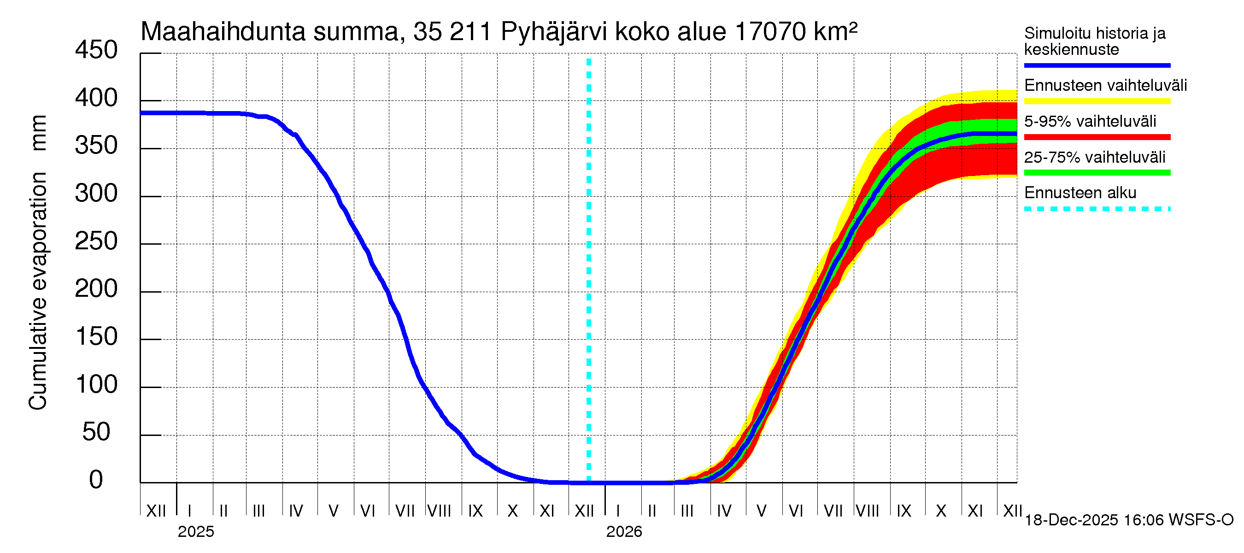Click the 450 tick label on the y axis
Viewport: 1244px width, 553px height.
pyautogui.click(x=96, y=50)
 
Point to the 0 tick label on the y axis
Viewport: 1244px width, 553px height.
pyautogui.click(x=96, y=480)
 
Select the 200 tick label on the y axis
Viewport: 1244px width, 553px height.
pyautogui.click(x=96, y=289)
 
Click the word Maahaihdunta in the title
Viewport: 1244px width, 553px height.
pyautogui.click(x=223, y=32)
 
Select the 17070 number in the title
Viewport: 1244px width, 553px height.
pyautogui.click(x=770, y=32)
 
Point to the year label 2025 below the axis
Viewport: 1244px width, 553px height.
pyautogui.click(x=195, y=532)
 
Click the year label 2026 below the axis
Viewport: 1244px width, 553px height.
pyautogui.click(x=624, y=532)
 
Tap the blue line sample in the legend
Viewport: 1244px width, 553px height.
pyautogui.click(x=1097, y=65)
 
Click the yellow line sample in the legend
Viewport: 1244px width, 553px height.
pyautogui.click(x=1097, y=101)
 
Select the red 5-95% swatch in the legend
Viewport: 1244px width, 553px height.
pyautogui.click(x=1097, y=137)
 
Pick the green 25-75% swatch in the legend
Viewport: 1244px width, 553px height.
pyautogui.click(x=1097, y=173)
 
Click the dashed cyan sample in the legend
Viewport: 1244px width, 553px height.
pyautogui.click(x=1097, y=209)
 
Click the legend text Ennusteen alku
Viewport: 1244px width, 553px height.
pyautogui.click(x=1080, y=193)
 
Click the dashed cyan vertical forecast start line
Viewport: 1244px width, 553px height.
pyautogui.click(x=589, y=271)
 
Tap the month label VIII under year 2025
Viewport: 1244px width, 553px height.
pyautogui.click(x=440, y=511)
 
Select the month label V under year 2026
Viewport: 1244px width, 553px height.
pyautogui.click(x=762, y=511)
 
